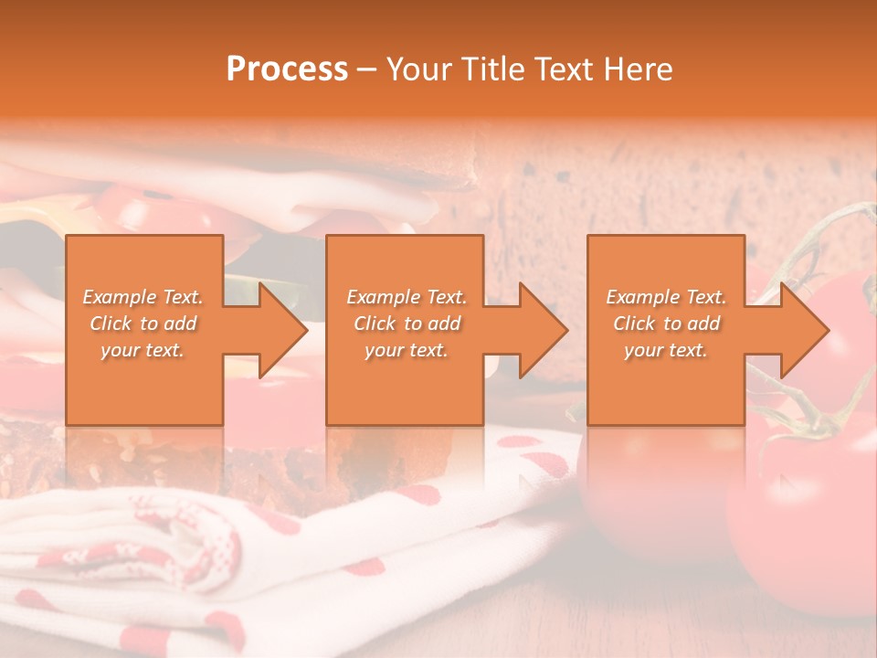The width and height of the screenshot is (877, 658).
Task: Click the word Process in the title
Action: (287, 69)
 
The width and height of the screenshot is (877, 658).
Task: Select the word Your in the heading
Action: (417, 69)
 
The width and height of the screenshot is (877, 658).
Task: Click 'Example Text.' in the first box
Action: (143, 297)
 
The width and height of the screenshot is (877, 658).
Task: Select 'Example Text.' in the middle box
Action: (407, 297)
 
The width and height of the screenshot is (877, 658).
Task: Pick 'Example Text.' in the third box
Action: (666, 297)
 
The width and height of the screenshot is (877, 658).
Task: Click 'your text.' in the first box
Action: (143, 350)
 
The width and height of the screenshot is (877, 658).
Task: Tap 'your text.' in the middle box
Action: (407, 350)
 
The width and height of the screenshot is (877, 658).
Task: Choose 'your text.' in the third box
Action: (666, 350)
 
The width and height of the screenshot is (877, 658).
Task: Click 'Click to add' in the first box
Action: (143, 324)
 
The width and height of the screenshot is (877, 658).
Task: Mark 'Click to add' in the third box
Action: (666, 324)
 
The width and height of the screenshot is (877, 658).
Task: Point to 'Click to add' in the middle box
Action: (407, 324)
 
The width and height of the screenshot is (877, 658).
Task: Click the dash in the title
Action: (367, 69)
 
